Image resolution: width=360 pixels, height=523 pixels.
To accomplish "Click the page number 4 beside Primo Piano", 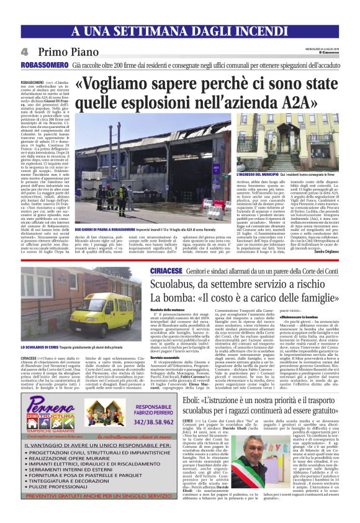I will coord(25,52).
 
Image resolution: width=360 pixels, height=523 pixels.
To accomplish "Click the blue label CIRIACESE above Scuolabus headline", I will coord(167,273).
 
